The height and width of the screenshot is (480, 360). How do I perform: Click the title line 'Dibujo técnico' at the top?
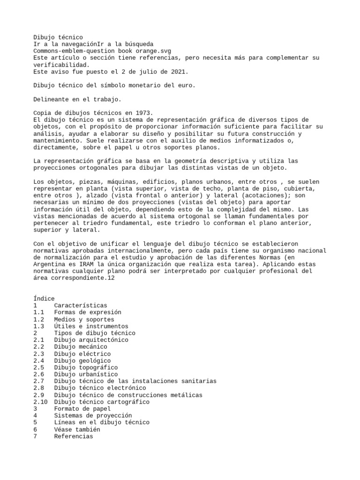[x=58, y=37]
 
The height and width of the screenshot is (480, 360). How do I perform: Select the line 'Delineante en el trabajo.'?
[x=77, y=99]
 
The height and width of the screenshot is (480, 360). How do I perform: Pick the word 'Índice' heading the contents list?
[x=44, y=299]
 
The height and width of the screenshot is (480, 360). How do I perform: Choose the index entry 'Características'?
[x=80, y=306]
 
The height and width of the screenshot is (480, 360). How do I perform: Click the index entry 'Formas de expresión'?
[x=87, y=312]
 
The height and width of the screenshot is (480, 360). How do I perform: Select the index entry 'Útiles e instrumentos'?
[x=91, y=326]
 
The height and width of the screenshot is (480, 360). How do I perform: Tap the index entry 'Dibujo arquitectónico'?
[x=91, y=340]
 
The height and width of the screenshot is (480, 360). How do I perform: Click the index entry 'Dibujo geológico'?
[x=82, y=361]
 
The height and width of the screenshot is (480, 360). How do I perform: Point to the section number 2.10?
[x=41, y=402]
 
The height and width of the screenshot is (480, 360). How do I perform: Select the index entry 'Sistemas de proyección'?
[x=93, y=416]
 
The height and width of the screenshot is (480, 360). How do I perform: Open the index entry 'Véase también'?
[x=77, y=429]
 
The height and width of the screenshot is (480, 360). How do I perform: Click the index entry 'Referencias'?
[x=73, y=436]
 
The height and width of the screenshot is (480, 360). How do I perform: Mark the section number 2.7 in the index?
[x=39, y=382]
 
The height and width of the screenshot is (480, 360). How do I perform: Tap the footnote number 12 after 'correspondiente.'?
[x=111, y=278]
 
